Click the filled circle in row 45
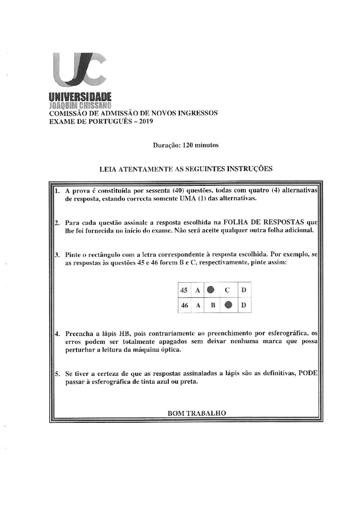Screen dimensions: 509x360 pos(211,290)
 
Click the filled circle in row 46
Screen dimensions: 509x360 pos(229,305)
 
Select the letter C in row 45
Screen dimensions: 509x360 pos(227,290)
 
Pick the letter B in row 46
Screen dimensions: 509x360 pos(212,305)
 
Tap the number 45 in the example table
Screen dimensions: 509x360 pos(184,290)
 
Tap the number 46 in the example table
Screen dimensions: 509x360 pos(184,305)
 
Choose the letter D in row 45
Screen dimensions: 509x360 pos(244,290)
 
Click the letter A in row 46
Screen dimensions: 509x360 pos(197,305)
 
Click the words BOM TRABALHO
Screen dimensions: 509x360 pos(197,413)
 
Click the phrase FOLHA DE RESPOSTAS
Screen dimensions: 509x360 pos(263,223)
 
